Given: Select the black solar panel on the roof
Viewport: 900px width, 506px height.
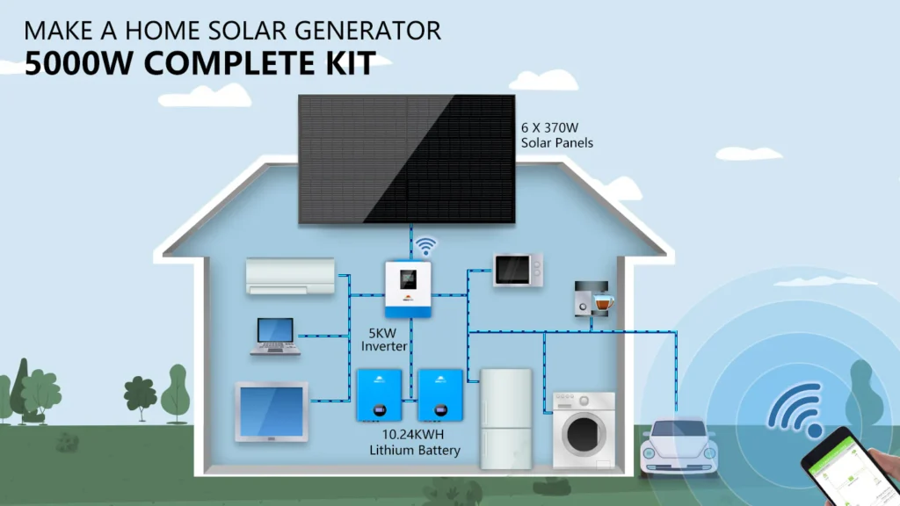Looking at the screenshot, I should pyautogui.click(x=406, y=158).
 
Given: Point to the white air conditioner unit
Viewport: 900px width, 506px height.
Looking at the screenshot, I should pyautogui.click(x=290, y=275).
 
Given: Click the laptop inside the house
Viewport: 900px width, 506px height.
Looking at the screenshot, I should pyautogui.click(x=275, y=336).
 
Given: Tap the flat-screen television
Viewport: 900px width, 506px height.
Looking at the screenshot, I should pyautogui.click(x=272, y=411).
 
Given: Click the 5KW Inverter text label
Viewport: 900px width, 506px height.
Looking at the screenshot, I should pyautogui.click(x=384, y=339).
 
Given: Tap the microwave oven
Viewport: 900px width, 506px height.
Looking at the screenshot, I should pyautogui.click(x=518, y=270).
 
